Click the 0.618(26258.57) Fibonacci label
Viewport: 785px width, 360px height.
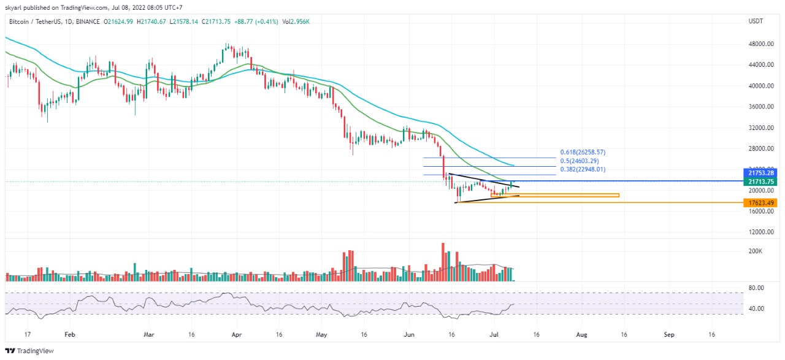pos(583,151)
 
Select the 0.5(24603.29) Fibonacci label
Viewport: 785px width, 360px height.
pos(581,161)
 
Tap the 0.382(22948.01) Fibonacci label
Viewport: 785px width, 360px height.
pos(583,169)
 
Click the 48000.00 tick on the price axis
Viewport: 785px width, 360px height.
pos(760,44)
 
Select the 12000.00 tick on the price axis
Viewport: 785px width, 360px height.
pos(760,232)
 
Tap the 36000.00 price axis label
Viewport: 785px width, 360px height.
pos(760,107)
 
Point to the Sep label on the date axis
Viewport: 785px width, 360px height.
pos(670,335)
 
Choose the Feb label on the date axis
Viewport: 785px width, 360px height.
pos(69,335)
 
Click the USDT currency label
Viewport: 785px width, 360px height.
pos(756,21)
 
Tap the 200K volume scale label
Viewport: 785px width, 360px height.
pos(755,251)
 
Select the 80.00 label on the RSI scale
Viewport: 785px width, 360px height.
pos(756,288)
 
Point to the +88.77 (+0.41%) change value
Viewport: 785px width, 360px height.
pos(255,21)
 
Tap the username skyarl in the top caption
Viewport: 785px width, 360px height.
pos(13,7)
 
